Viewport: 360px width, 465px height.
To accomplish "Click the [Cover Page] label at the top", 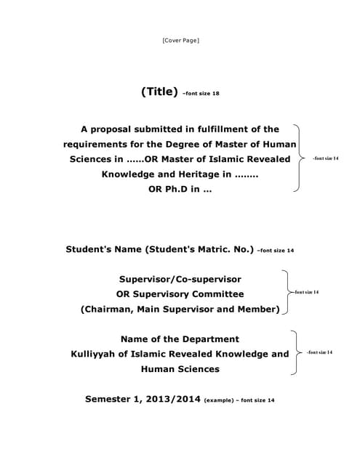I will (180, 40).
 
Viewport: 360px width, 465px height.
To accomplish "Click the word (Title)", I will (159, 92).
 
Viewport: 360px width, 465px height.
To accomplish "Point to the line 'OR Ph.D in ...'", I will (180, 190).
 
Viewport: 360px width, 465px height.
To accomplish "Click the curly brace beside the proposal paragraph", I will (297, 158).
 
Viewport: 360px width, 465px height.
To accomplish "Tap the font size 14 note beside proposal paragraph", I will (325, 158).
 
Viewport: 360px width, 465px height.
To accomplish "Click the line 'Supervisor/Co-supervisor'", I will (180, 279).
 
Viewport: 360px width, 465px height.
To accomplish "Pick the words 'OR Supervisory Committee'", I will (180, 294).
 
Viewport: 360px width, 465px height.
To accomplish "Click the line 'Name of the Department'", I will (180, 339).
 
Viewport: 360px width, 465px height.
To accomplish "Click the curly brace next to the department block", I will (295, 352).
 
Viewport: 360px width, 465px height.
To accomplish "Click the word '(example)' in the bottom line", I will (220, 400).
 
